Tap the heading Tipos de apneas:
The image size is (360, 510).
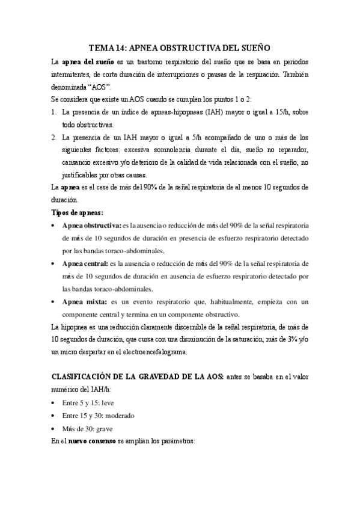78,212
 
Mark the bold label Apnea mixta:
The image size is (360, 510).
81,301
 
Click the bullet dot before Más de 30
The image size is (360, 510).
55,429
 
